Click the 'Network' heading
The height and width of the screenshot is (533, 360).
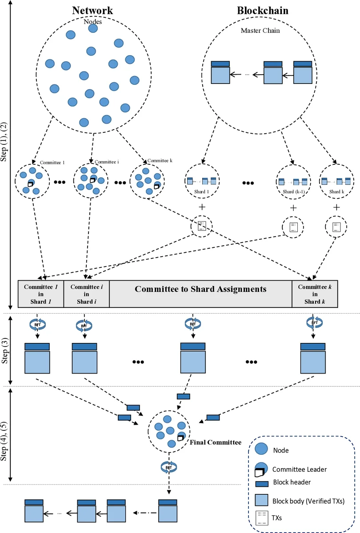coord(92,11)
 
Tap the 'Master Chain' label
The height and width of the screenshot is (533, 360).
coord(260,31)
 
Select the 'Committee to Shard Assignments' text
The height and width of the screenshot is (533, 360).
coord(200,289)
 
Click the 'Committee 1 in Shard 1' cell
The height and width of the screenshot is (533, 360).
coord(41,294)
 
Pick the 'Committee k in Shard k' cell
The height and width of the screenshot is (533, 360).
coord(315,294)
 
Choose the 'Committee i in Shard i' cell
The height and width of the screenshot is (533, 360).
coord(86,294)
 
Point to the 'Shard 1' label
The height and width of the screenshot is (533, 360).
coord(198,191)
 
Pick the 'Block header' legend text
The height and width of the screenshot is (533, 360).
coord(292,482)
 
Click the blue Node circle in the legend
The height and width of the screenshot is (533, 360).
coord(261,449)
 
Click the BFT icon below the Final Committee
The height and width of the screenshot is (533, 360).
coord(169,467)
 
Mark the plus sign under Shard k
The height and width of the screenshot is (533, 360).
coord(336,207)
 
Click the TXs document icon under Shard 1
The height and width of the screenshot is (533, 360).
coord(201,227)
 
